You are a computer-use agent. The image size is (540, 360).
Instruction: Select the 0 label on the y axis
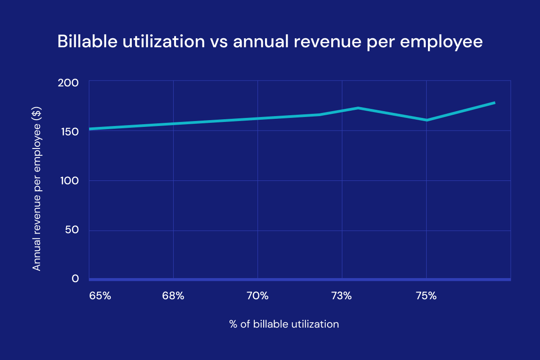click(x=75, y=279)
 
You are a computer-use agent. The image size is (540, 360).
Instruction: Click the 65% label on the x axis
click(x=100, y=296)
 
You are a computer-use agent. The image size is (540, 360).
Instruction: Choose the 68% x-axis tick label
click(x=173, y=296)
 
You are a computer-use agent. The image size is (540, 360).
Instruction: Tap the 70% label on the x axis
click(x=257, y=296)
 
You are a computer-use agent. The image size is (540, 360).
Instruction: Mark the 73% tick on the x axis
click(x=342, y=296)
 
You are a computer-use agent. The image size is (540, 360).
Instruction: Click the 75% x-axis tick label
click(x=426, y=296)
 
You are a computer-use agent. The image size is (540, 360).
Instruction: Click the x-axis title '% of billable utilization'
click(x=283, y=324)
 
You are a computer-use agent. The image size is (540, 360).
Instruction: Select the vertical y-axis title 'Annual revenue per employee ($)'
click(x=37, y=189)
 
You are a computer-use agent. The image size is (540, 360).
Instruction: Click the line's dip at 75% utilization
click(x=426, y=120)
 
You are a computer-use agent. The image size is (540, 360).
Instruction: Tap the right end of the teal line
click(x=494, y=103)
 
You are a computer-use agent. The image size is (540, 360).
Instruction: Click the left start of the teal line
click(x=90, y=129)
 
